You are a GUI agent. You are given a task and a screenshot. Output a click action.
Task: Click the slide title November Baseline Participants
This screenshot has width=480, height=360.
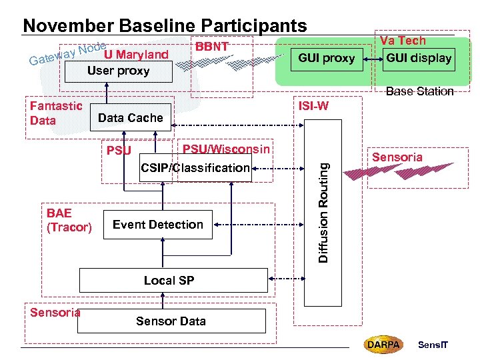click(165, 25)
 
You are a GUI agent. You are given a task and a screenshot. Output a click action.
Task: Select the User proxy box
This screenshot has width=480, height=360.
click(119, 71)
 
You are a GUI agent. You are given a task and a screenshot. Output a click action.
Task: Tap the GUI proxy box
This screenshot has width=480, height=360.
click(326, 58)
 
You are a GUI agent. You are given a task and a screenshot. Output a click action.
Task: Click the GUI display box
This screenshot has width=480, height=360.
click(419, 58)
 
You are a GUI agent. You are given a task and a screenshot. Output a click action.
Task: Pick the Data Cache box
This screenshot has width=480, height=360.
click(130, 118)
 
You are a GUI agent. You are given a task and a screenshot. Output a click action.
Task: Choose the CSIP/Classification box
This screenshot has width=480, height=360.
click(195, 168)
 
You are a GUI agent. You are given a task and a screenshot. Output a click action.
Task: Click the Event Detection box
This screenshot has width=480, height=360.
click(158, 225)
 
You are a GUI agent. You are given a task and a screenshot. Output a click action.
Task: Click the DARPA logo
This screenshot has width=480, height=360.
click(383, 345)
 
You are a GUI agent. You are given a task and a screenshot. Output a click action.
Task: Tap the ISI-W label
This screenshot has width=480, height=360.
click(313, 107)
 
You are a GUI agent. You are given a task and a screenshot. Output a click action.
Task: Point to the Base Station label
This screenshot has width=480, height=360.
click(419, 91)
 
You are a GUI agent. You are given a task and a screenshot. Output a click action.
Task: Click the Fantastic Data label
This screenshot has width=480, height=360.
click(56, 113)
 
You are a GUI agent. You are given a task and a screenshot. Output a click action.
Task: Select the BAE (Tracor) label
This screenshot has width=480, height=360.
click(69, 221)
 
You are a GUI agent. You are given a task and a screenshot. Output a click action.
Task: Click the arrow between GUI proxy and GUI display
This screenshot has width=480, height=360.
click(371, 58)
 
